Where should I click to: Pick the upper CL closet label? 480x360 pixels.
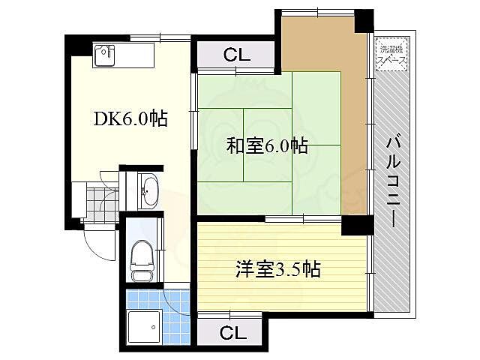coord(236,54)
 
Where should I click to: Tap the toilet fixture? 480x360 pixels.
coord(142,256)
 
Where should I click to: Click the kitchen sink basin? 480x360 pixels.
coord(104,53)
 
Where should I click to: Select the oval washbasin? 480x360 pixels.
coord(148,190)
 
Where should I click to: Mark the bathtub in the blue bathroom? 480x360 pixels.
coord(143,325)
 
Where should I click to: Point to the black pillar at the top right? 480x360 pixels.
coord(364,21)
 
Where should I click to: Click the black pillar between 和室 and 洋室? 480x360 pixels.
coord(357,224)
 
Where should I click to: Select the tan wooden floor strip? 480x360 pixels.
coord(352,112)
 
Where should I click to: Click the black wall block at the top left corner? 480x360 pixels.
coord(75,45)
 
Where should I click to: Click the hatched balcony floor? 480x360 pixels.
coord(392,247)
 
